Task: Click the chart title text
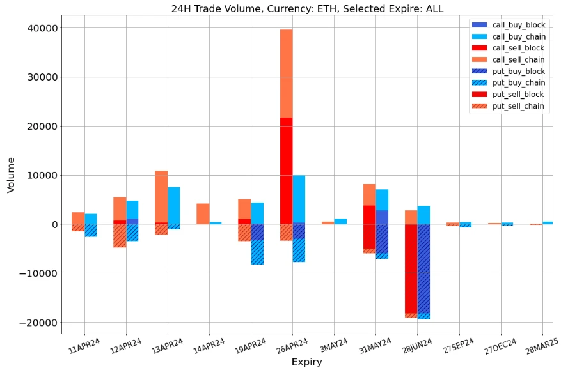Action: [x=307, y=8]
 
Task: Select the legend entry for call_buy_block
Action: [x=518, y=25]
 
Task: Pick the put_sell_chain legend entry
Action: [x=518, y=106]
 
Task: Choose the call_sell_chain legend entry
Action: [x=518, y=59]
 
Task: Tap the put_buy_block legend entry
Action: [x=518, y=72]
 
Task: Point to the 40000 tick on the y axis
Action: [x=40, y=28]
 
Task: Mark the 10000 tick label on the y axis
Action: [x=40, y=175]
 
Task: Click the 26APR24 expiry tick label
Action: [x=288, y=349]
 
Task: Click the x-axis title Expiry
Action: [x=306, y=362]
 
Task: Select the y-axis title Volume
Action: [x=11, y=175]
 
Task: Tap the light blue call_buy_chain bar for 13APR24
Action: [x=173, y=205]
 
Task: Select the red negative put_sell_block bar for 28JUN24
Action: [x=411, y=268]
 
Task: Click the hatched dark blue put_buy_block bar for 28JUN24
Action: [x=423, y=268]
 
